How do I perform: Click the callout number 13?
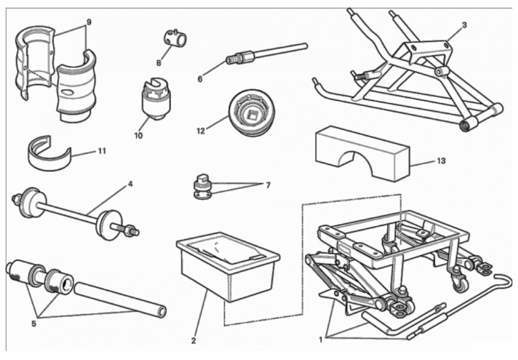(x=442, y=161)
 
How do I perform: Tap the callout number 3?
(x=464, y=25)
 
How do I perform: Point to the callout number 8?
(x=159, y=62)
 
